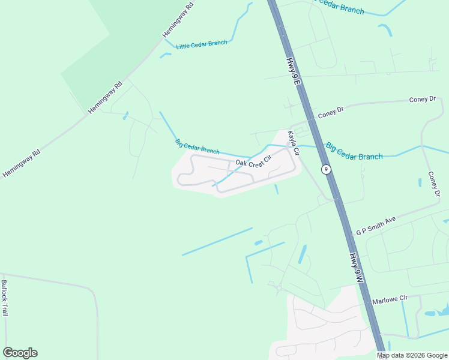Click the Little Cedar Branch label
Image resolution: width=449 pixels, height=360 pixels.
pyautogui.click(x=201, y=44)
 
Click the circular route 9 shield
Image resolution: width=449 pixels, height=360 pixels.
pyautogui.click(x=326, y=169)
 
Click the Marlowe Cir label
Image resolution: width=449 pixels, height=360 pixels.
pyautogui.click(x=390, y=298)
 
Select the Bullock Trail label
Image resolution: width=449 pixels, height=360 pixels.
pyautogui.click(x=5, y=298)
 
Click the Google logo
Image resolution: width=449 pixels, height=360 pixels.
pyautogui.click(x=20, y=353)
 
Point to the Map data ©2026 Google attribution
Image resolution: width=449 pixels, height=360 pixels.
pyautogui.click(x=412, y=355)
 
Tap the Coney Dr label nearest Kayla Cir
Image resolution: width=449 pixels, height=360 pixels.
pyautogui.click(x=331, y=111)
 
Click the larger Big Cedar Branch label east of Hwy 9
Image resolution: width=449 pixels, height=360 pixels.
pyautogui.click(x=354, y=151)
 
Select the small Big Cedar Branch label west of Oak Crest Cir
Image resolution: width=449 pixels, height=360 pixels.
pyautogui.click(x=197, y=146)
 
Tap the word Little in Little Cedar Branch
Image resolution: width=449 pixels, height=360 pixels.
pyautogui.click(x=184, y=46)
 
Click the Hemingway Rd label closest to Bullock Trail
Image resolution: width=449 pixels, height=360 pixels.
pyautogui.click(x=21, y=163)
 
